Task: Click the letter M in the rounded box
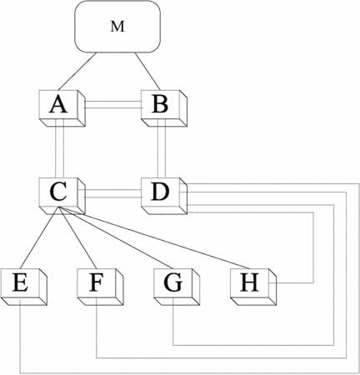[x=117, y=27]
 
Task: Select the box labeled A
[x=62, y=108]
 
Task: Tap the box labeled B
[x=164, y=108]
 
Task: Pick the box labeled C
[x=62, y=196]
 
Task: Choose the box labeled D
[x=164, y=196]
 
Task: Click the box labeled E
[x=23, y=287]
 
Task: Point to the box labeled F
[x=100, y=287]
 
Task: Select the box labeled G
[x=177, y=287]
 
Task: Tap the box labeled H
[x=253, y=287]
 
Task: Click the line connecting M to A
[x=77, y=71]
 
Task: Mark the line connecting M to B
[x=147, y=71]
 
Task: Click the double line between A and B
[x=113, y=104]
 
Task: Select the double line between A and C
[x=60, y=148]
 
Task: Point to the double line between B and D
[x=162, y=148]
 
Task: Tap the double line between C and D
[x=113, y=193]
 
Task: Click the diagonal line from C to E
[x=39, y=238]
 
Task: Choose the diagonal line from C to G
[x=116, y=238]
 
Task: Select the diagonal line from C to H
[x=153, y=238]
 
